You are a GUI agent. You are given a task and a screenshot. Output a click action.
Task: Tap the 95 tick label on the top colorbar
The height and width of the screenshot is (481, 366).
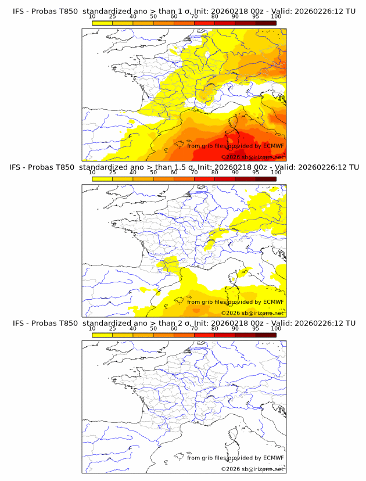tap(255, 17)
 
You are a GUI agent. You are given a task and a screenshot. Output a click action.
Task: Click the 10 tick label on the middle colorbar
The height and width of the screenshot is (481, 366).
tap(92, 173)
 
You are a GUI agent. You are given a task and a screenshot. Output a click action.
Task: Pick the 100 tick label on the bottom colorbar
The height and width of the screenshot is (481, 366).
tap(276, 328)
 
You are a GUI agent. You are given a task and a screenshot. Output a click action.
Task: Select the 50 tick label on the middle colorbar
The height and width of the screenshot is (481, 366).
tap(153, 173)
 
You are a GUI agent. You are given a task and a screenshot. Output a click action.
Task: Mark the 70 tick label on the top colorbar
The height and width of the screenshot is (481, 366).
tap(194, 17)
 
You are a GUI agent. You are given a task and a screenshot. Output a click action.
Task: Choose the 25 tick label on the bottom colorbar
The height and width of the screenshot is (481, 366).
tap(112, 328)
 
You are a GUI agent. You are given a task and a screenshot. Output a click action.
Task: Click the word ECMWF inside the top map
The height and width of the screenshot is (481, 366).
tap(273, 146)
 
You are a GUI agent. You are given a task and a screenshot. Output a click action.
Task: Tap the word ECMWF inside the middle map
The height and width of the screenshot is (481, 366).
tap(273, 302)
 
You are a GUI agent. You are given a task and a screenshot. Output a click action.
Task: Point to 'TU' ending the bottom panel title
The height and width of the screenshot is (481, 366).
tap(350, 323)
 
